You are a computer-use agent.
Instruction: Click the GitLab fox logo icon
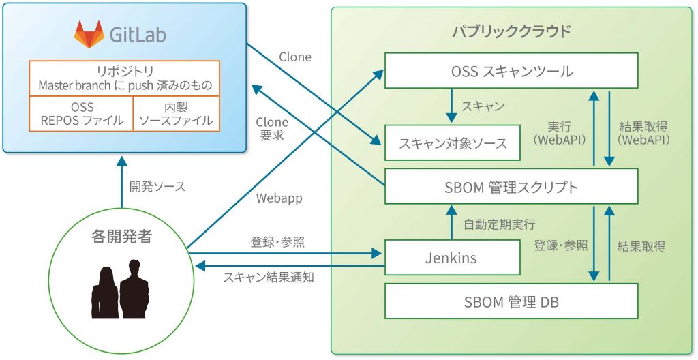click(x=89, y=34)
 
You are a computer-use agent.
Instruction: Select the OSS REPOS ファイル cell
click(x=81, y=114)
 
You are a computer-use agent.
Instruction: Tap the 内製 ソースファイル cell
click(x=176, y=114)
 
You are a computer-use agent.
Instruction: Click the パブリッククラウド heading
click(x=511, y=31)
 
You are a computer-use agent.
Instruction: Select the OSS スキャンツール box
click(x=511, y=71)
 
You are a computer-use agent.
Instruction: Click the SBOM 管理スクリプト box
click(x=511, y=186)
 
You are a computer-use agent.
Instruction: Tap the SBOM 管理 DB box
click(x=511, y=301)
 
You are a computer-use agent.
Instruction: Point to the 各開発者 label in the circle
click(x=121, y=237)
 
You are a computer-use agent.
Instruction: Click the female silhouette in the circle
click(x=105, y=292)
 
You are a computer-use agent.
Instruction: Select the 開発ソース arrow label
click(x=157, y=186)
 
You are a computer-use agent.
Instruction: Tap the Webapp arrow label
click(x=279, y=198)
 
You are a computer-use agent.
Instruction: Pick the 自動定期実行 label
click(x=499, y=224)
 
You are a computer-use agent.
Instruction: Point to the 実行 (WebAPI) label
click(x=563, y=133)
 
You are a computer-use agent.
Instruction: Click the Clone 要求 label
click(x=271, y=129)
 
